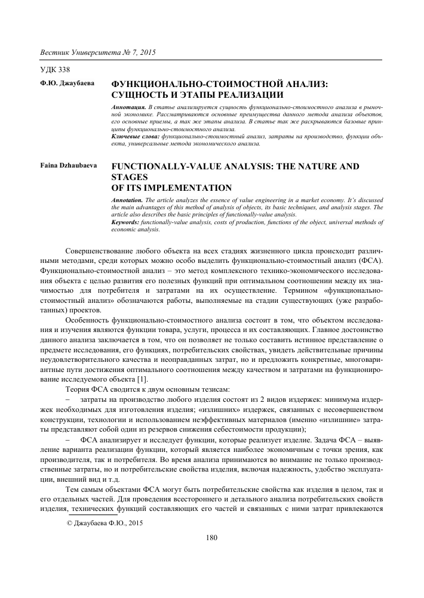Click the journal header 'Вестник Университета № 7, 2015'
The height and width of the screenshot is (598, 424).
coord(97,52)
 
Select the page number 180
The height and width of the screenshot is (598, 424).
coord(211,538)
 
